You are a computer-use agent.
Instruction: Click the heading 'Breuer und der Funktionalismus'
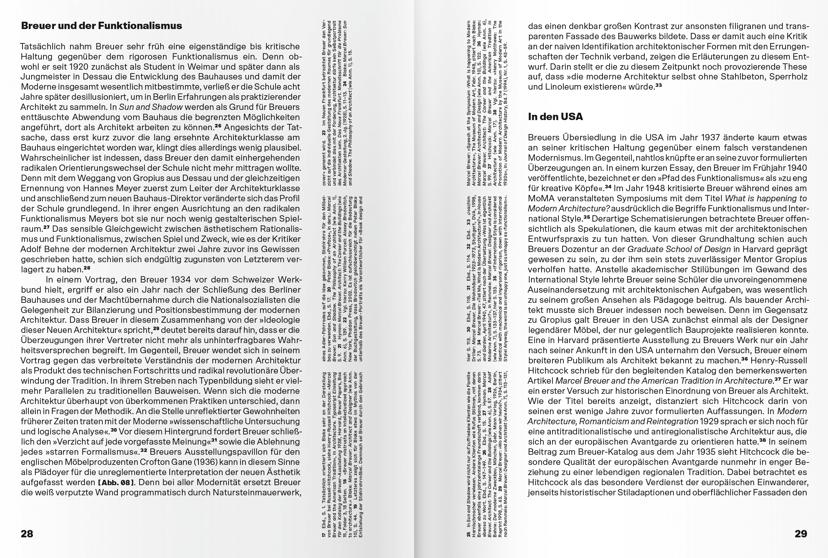[102, 26]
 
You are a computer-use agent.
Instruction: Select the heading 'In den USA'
[555, 117]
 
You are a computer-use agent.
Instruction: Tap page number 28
[27, 534]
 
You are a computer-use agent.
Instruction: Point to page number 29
[801, 534]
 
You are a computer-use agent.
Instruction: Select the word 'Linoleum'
[568, 87]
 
